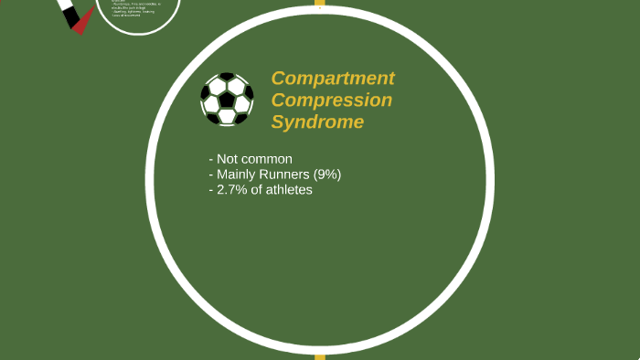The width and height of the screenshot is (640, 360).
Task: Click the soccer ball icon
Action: pyautogui.click(x=227, y=99)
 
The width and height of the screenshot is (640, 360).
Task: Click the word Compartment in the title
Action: pyautogui.click(x=333, y=79)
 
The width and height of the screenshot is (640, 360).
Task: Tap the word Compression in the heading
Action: pyautogui.click(x=332, y=101)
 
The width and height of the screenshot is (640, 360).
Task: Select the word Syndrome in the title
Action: pyautogui.click(x=317, y=122)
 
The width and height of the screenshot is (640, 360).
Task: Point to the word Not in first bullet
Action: pyautogui.click(x=229, y=159)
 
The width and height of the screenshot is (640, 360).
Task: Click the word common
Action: pyautogui.click(x=268, y=159)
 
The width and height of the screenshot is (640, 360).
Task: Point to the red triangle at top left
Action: pyautogui.click(x=80, y=25)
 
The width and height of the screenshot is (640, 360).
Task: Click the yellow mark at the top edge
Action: pyautogui.click(x=320, y=3)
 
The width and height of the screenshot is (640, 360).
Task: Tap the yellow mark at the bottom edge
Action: pyautogui.click(x=320, y=356)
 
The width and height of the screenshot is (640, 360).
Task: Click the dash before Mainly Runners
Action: pyautogui.click(x=210, y=175)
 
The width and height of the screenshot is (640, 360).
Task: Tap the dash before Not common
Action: pyautogui.click(x=210, y=159)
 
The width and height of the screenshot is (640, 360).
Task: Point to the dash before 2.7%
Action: pyautogui.click(x=210, y=190)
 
